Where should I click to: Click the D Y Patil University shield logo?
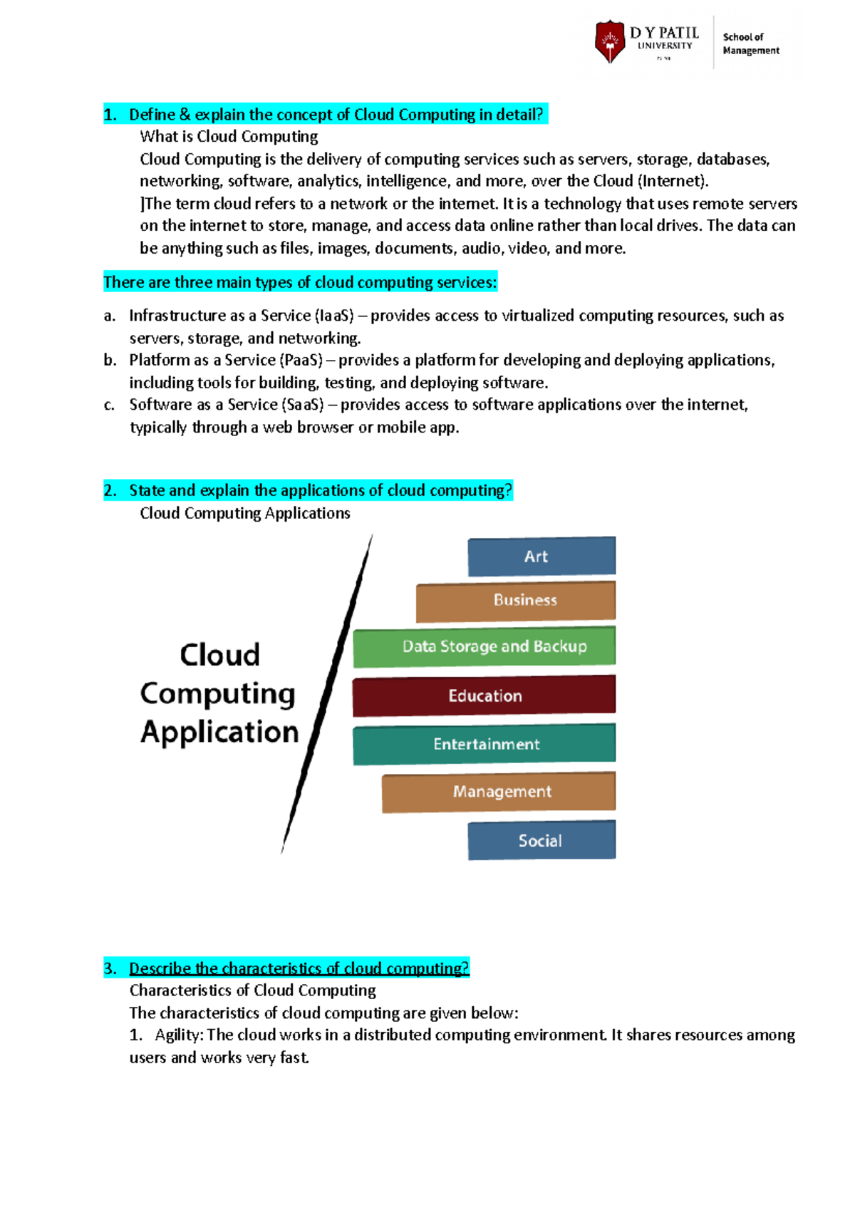[610, 41]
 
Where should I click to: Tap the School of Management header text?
[750, 43]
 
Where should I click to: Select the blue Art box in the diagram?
[541, 557]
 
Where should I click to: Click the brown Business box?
[516, 601]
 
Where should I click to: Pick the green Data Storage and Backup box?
[484, 646]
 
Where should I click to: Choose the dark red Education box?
[484, 696]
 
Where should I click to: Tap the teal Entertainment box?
[484, 744]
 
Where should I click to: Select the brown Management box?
[499, 792]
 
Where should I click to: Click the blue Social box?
[541, 841]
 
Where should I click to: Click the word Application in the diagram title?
[219, 732]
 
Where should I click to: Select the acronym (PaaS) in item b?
[301, 361]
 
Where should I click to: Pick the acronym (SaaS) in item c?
[303, 405]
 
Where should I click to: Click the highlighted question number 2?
[110, 490]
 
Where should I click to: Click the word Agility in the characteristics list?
[178, 1035]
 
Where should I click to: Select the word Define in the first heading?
[152, 115]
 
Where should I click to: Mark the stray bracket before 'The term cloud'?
[142, 204]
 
